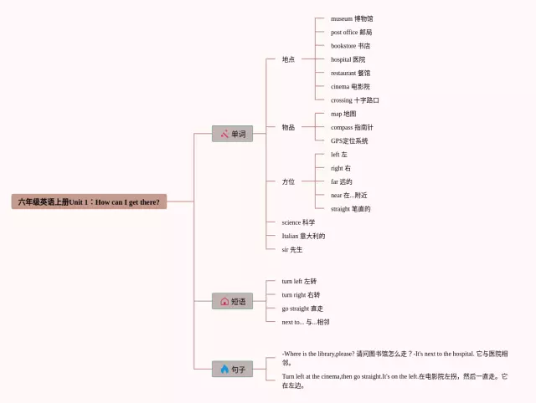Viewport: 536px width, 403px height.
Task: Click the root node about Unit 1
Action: [x=90, y=201]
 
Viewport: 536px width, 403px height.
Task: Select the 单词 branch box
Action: [x=232, y=134]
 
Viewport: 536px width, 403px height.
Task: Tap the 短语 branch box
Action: [x=232, y=301]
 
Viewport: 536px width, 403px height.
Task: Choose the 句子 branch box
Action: [x=232, y=369]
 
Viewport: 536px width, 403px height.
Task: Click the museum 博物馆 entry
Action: [x=352, y=18]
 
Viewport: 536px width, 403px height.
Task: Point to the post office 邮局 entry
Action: [x=351, y=32]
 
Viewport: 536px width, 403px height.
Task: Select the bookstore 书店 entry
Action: [x=350, y=46]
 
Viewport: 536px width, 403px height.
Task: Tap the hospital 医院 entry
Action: [x=348, y=59]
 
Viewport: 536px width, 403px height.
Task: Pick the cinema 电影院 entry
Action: [x=350, y=86]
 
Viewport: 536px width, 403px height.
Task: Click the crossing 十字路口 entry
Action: [x=354, y=100]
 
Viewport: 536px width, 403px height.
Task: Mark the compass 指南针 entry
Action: [x=352, y=127]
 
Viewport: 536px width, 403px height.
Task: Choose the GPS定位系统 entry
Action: [x=349, y=140]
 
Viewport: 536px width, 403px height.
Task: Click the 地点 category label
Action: [x=288, y=59]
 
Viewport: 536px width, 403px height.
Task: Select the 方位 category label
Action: [x=288, y=181]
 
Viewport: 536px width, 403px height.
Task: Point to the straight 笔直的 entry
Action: [x=350, y=209]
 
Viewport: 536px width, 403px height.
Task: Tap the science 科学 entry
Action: [x=298, y=222]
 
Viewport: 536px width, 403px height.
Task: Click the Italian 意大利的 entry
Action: [x=303, y=236]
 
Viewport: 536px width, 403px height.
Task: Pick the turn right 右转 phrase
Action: [x=301, y=294]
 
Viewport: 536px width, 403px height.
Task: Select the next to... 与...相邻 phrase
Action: [x=305, y=321]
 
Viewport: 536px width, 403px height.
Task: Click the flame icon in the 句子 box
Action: [x=224, y=369]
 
